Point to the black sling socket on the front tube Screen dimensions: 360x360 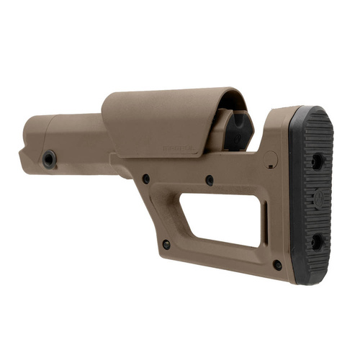click(50, 159)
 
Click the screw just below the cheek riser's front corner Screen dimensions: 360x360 click(145, 178)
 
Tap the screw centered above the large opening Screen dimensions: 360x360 click(209, 180)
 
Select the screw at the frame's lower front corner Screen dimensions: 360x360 click(166, 244)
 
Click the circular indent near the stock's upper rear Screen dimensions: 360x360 click(271, 158)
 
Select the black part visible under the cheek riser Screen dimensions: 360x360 click(238, 130)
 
